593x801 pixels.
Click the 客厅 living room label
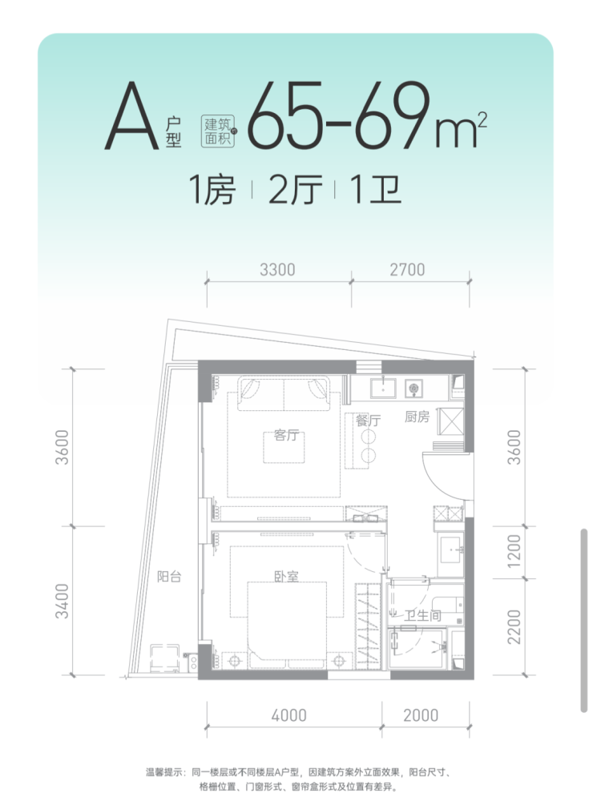286,435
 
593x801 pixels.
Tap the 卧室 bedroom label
286,577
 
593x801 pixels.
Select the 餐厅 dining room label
369,421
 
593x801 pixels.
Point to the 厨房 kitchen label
417,417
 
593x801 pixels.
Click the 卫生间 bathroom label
422,615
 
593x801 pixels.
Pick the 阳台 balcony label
169,577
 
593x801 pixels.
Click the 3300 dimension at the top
277,270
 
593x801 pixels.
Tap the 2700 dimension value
407,270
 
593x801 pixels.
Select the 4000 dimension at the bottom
288,715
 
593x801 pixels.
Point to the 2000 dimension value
421,715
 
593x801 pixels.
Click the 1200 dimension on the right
514,551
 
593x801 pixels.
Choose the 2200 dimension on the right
514,627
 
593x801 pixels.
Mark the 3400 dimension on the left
62,602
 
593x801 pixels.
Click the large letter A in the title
132,116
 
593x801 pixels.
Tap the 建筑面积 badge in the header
218,131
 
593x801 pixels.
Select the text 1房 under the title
212,190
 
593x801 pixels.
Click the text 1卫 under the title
376,190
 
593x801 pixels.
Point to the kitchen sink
383,388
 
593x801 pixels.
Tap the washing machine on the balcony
164,658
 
